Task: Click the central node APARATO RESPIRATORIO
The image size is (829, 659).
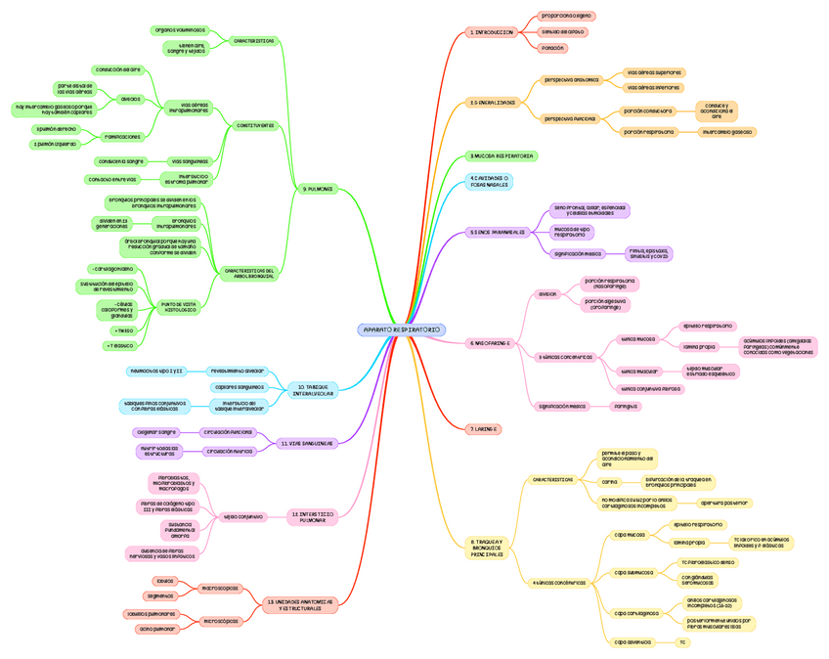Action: [402, 330]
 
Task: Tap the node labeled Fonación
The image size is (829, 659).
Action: [553, 47]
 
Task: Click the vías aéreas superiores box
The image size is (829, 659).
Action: [654, 72]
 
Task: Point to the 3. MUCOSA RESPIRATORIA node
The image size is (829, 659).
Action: [502, 155]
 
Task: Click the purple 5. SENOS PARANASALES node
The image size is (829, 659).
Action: [498, 233]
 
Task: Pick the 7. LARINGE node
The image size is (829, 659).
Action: [484, 428]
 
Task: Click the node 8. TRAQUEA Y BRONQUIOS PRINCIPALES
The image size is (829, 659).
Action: [486, 548]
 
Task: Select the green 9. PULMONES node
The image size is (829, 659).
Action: [318, 189]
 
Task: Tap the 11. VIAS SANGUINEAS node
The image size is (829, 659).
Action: [306, 443]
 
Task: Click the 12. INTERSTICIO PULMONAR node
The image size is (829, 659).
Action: [313, 516]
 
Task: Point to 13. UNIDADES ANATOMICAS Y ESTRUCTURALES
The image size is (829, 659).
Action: [300, 605]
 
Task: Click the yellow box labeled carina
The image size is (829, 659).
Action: [609, 481]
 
